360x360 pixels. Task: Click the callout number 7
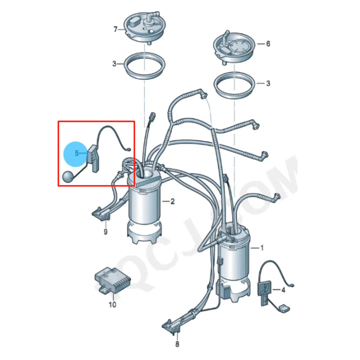click(116, 30)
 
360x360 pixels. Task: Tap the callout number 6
click(268, 44)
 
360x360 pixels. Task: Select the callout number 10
click(112, 305)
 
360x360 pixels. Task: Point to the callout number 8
click(177, 344)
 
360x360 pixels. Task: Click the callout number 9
click(105, 232)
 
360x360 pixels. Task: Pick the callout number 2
click(172, 201)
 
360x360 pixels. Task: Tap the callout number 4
click(283, 290)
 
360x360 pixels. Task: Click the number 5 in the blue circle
click(77, 153)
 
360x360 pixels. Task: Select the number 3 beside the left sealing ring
click(115, 64)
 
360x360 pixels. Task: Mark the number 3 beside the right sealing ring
click(268, 83)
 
